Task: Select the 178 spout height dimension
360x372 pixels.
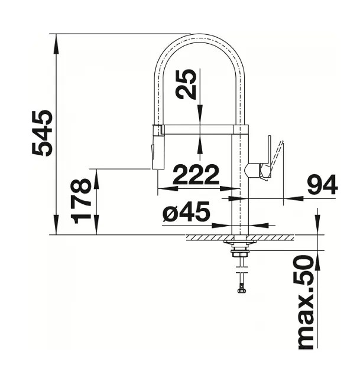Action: (81, 201)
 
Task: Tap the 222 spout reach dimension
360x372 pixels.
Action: (196, 174)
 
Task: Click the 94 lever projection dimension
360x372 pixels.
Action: (322, 185)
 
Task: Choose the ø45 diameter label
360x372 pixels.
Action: (186, 213)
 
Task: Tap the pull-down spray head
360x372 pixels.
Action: (158, 148)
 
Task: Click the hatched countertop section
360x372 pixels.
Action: (239, 238)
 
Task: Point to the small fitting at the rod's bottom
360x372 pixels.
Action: (241, 289)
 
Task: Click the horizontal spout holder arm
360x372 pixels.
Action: (201, 129)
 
